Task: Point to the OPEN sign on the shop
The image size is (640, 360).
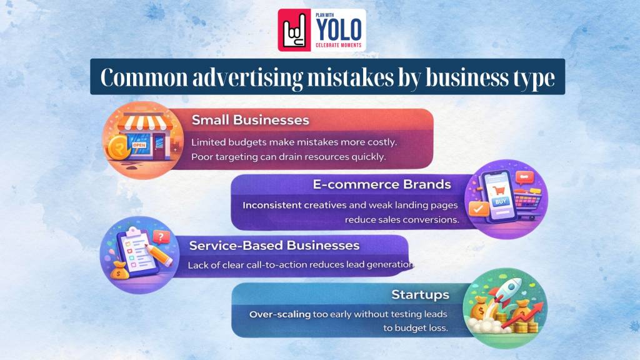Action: [x=139, y=145]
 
